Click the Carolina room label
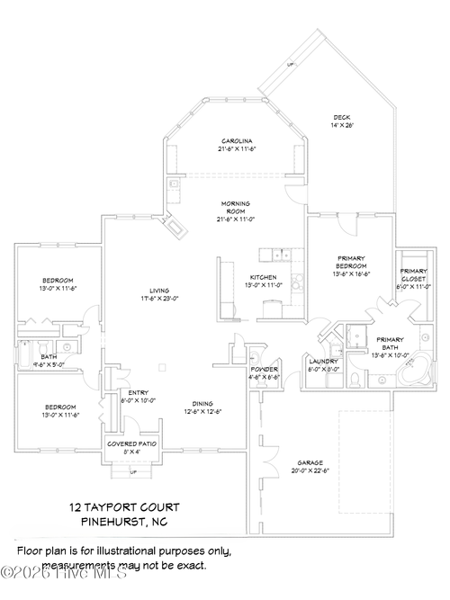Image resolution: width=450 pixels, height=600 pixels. [238, 141]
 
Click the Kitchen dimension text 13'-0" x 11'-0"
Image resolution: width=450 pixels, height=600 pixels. [264, 285]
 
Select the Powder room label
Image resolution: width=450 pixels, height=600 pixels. [264, 370]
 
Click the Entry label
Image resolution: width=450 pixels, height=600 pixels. [139, 393]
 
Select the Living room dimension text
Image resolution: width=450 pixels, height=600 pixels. [160, 298]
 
